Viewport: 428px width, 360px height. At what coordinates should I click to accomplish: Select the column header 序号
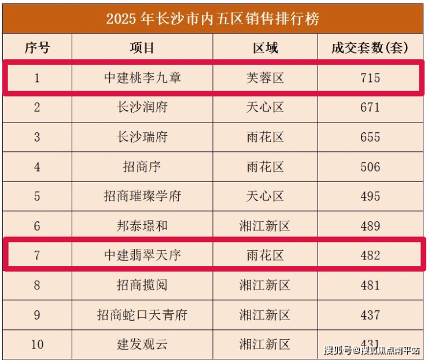point(37,47)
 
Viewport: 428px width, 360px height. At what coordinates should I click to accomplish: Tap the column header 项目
point(142,47)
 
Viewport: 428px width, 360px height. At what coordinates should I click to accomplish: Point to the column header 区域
point(265,47)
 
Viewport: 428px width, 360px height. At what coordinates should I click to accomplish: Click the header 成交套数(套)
point(370,47)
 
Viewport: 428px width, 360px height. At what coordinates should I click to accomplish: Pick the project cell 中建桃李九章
point(142,77)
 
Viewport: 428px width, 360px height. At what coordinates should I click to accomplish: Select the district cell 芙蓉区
point(265,77)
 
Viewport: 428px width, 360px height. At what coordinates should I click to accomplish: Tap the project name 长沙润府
point(142,107)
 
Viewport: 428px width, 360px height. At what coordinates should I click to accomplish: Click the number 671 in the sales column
point(370,107)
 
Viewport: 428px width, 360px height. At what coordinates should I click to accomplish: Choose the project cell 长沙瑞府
point(142,138)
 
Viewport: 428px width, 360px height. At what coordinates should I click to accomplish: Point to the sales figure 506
point(370,168)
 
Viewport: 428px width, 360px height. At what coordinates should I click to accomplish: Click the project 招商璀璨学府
point(142,196)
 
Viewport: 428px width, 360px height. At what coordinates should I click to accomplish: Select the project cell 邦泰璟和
point(142,226)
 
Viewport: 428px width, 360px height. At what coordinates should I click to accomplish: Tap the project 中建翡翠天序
point(142,255)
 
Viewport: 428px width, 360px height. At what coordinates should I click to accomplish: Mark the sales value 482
point(370,255)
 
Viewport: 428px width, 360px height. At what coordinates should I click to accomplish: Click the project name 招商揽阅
point(142,285)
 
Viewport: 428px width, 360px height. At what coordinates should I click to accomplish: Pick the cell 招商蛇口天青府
point(142,315)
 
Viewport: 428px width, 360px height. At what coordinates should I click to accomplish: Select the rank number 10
point(37,345)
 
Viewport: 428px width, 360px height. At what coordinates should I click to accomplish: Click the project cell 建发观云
point(142,345)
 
